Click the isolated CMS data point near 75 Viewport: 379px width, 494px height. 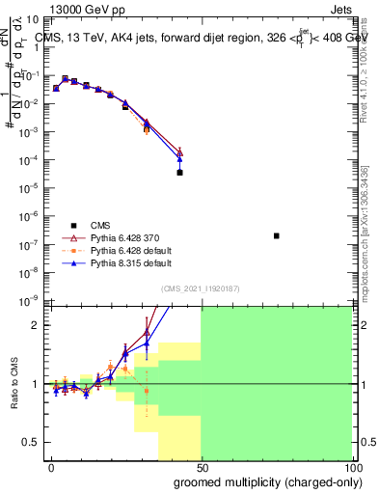coord(276,235)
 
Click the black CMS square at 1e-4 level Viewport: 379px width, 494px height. coord(179,173)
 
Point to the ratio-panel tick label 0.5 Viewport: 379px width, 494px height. coord(34,442)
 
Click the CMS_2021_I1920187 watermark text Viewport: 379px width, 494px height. coord(200,287)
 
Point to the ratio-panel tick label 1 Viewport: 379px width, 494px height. coord(38,384)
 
